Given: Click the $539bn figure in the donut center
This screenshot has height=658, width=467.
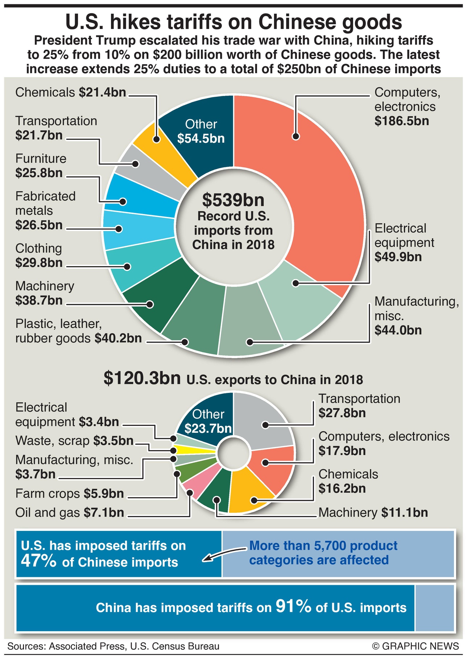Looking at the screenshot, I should (233, 200).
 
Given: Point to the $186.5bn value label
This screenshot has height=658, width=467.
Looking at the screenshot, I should (401, 121).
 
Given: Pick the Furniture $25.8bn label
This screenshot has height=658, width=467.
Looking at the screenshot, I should (41, 166).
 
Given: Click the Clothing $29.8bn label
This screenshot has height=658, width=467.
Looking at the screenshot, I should (39, 256).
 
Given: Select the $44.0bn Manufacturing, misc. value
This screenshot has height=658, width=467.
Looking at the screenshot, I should (398, 330).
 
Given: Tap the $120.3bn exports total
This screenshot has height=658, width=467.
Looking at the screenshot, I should (142, 378).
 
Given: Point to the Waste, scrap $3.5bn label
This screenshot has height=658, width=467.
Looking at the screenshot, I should (74, 441).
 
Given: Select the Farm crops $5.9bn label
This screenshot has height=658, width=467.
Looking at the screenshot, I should (69, 494).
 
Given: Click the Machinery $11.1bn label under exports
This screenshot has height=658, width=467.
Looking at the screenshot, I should (373, 512).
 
